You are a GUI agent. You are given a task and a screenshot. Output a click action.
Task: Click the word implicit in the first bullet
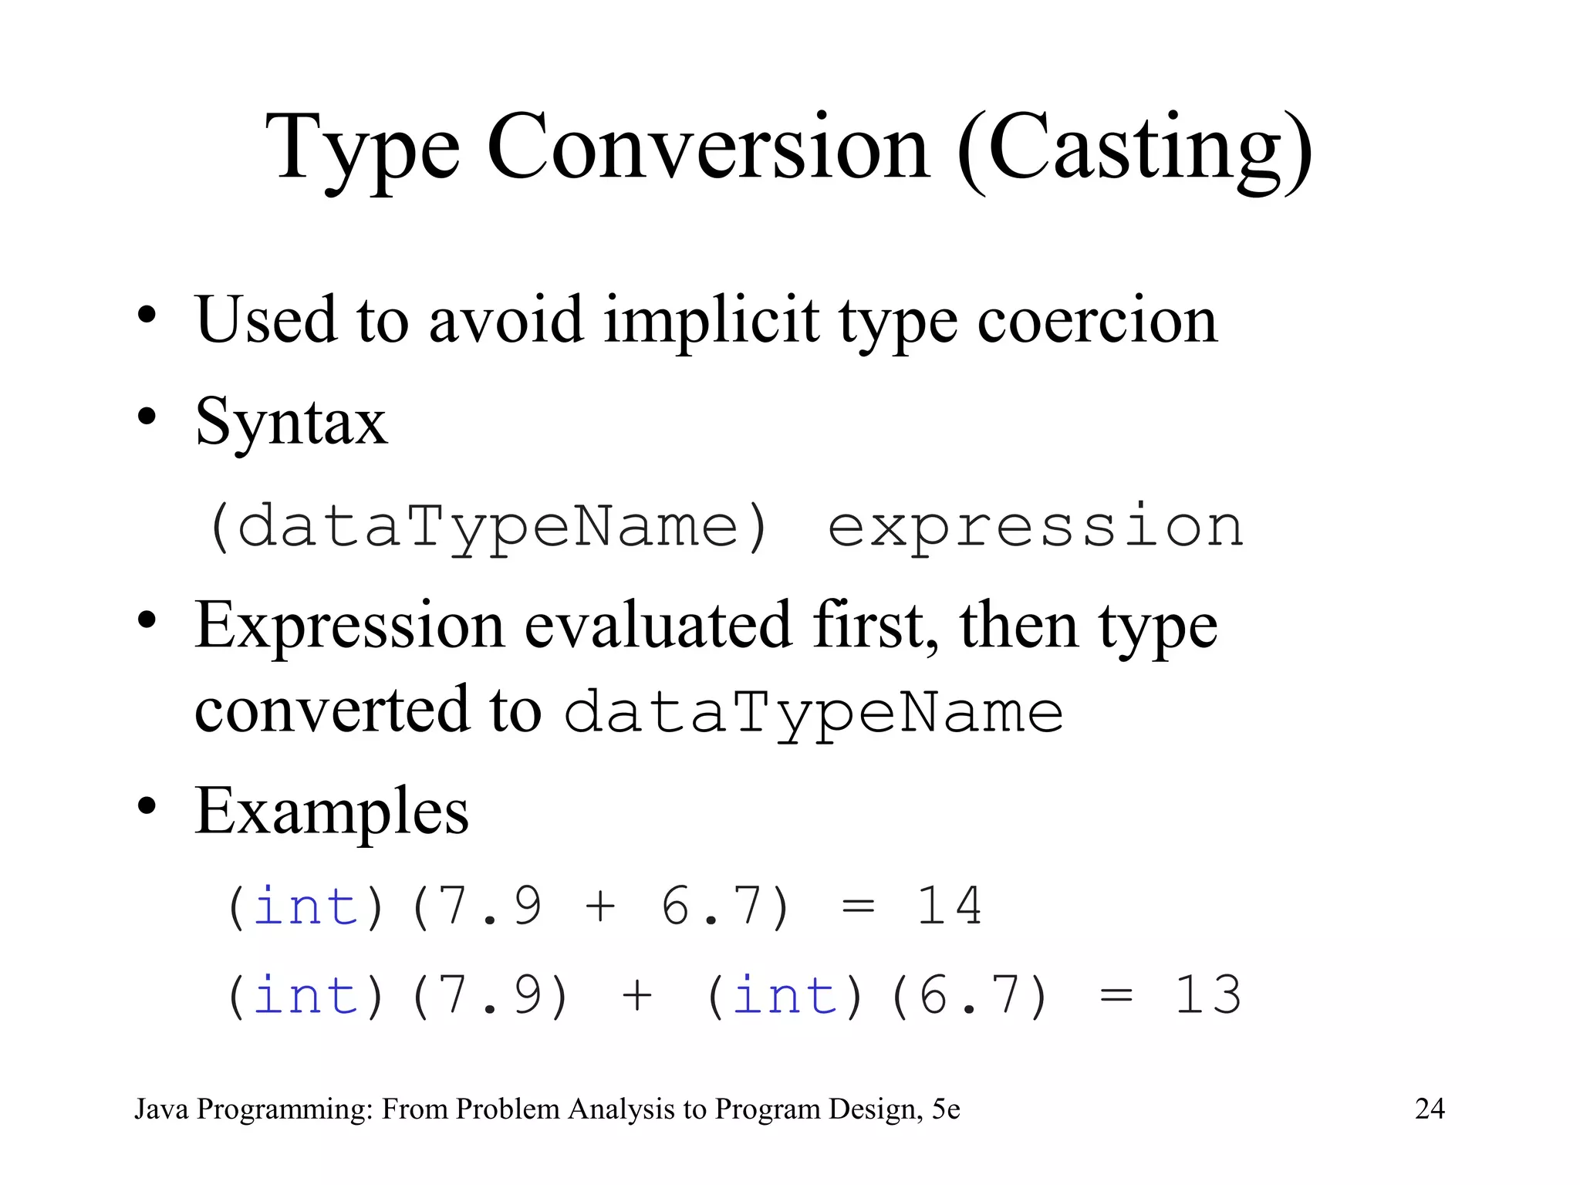tap(711, 319)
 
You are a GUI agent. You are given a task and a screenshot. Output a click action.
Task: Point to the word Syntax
tap(291, 423)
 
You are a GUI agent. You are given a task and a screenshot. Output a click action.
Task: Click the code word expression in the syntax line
tap(1035, 528)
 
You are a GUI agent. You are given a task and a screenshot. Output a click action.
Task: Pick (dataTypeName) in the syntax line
tap(489, 528)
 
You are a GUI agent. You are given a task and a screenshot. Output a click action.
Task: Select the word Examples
tap(332, 812)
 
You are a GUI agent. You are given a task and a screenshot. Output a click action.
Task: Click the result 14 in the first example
tap(949, 906)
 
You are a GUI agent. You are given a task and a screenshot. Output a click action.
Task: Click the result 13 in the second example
tap(1207, 995)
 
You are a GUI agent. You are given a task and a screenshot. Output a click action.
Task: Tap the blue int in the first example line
tap(306, 906)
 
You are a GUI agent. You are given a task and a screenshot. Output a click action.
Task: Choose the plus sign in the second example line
tap(637, 995)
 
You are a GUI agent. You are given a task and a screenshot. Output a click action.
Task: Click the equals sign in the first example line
tap(858, 906)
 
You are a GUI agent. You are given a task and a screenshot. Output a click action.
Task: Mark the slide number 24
tap(1430, 1109)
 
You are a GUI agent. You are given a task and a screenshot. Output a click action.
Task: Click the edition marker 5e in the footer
tap(945, 1109)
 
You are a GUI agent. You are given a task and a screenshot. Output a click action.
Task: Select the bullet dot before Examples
tap(147, 807)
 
